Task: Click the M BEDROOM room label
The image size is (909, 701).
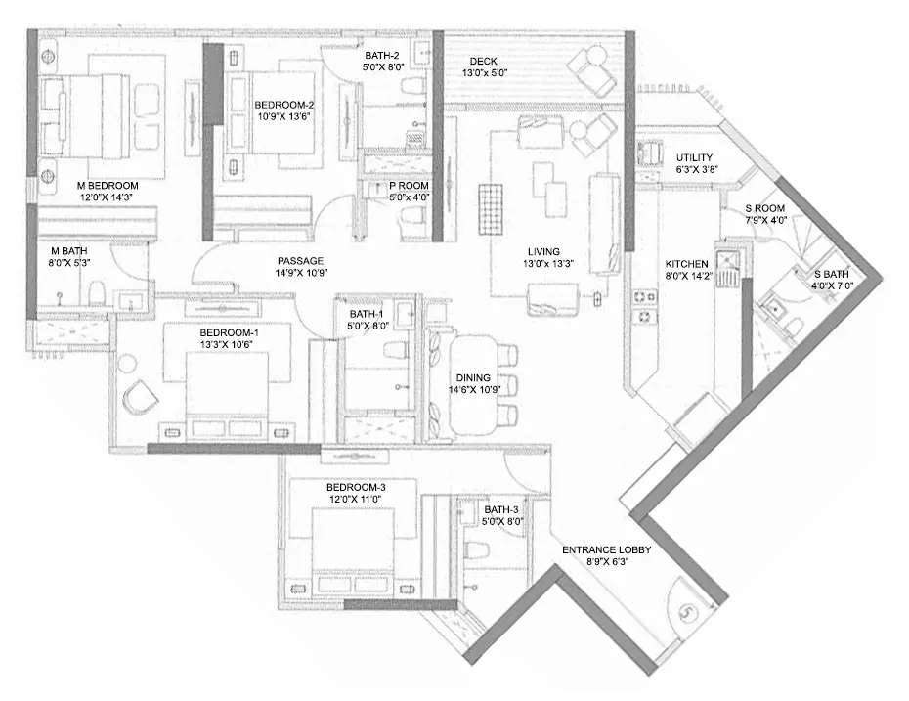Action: pos(108,185)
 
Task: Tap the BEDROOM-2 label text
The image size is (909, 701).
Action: pos(283,105)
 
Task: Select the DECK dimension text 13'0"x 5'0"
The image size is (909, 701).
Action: pos(485,73)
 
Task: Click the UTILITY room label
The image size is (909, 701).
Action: pos(694,157)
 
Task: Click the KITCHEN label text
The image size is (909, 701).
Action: pos(687,264)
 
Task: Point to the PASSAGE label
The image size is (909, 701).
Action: pos(301,261)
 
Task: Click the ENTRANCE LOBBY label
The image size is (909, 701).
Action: pos(606,550)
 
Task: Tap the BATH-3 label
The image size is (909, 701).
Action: pos(500,509)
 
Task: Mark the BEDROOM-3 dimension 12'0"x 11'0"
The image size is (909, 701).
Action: pos(357,500)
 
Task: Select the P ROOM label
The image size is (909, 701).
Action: pos(409,185)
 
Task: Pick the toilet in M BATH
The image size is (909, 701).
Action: pos(97,294)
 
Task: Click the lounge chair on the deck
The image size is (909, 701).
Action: pos(592,67)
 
